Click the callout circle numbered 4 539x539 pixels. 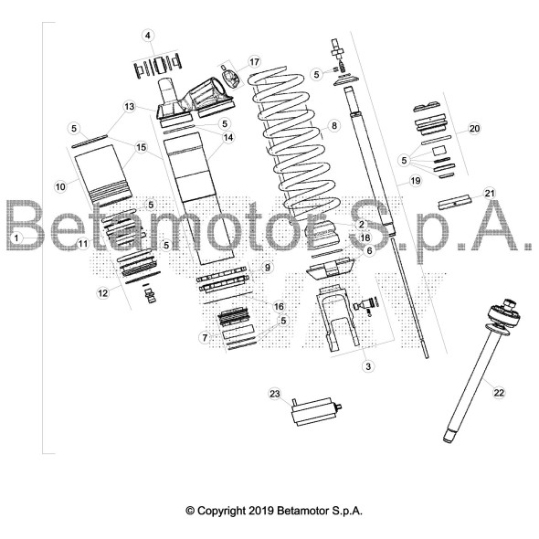[x=148, y=36]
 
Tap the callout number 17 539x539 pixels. [x=254, y=62]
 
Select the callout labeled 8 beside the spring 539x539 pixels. [x=334, y=126]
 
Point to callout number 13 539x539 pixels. [x=129, y=107]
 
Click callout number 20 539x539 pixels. [x=474, y=129]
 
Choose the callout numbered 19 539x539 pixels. [x=416, y=181]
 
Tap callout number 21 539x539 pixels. [x=489, y=193]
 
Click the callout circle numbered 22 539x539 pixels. [x=499, y=392]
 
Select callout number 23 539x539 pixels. [x=275, y=394]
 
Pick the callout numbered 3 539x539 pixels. [x=368, y=366]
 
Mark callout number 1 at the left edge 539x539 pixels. [x=16, y=238]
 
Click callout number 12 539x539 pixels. [x=103, y=293]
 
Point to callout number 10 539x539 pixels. [x=60, y=186]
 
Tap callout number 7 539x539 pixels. [x=205, y=338]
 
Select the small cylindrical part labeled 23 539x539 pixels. [x=316, y=412]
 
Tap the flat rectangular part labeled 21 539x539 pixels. [x=455, y=202]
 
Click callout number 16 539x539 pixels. [x=279, y=306]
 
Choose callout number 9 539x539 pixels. [x=268, y=267]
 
